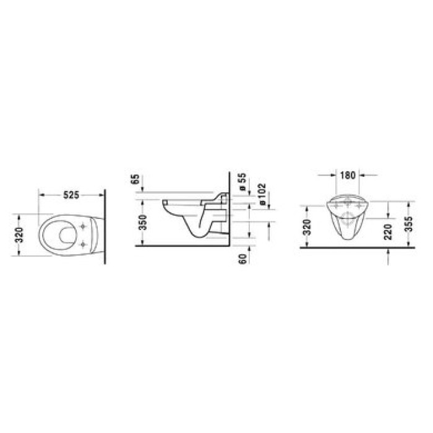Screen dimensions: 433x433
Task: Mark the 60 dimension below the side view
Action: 243,257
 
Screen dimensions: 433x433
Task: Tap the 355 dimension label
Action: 406,223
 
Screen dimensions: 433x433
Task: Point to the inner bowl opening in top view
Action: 61,236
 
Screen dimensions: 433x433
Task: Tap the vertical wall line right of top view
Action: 106,229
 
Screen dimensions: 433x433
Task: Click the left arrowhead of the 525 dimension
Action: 41,195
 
